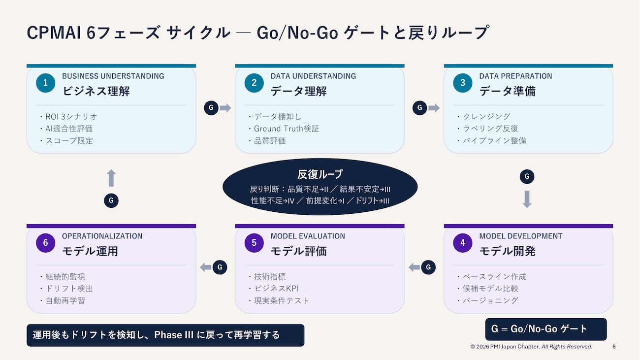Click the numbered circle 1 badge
point(45,83)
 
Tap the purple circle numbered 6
point(45,243)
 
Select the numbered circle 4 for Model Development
point(463,243)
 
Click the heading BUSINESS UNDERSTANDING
point(113,76)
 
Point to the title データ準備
point(508,91)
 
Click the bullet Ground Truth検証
point(287,129)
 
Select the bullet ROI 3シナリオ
point(71,117)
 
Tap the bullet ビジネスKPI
point(276,289)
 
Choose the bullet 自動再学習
point(65,300)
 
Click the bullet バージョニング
point(490,300)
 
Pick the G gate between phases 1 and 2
point(211,108)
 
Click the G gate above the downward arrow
point(527,177)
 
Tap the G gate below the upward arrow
point(111,200)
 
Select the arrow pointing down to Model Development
point(527,199)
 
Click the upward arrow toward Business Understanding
point(111,178)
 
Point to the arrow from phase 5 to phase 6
point(206,267)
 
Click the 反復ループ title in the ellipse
point(320,174)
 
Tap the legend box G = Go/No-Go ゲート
point(546,329)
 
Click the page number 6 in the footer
point(614,347)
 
